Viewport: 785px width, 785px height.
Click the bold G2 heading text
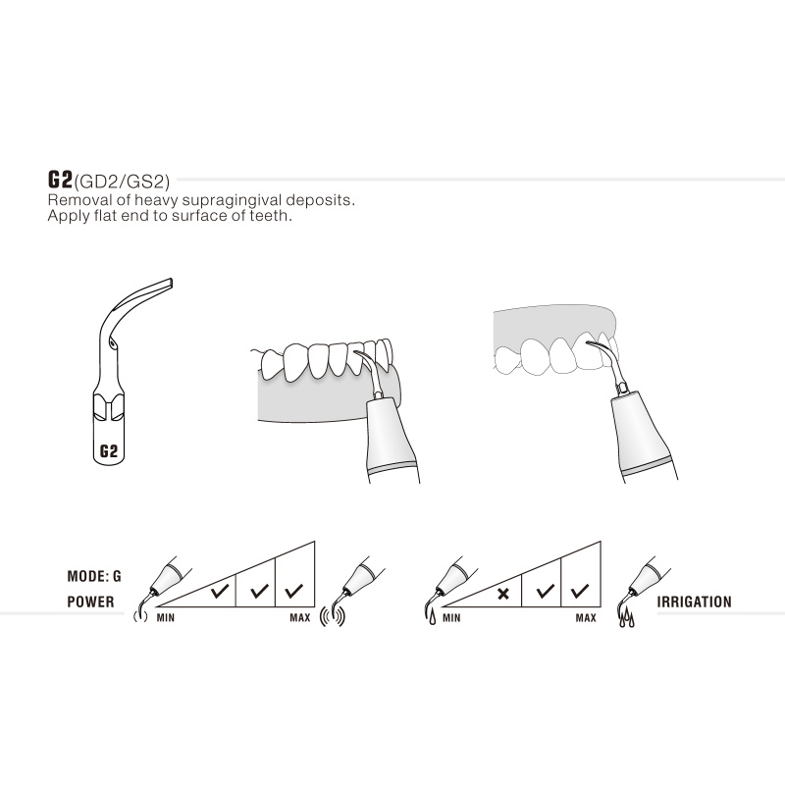click(x=60, y=180)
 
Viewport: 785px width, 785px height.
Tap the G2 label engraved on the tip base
click(x=109, y=452)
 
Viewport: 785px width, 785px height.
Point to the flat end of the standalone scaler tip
click(x=167, y=284)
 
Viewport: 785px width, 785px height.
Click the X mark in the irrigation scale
click(x=503, y=594)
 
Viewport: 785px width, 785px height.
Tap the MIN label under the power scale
click(x=166, y=619)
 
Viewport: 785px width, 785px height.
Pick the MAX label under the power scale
click(x=299, y=619)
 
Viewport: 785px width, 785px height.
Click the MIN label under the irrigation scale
click(x=451, y=619)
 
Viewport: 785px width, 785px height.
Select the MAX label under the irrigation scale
click(x=585, y=619)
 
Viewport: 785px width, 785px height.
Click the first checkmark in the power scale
click(x=219, y=593)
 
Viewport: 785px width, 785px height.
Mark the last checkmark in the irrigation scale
click(x=580, y=592)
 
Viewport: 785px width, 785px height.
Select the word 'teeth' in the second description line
click(x=272, y=215)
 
